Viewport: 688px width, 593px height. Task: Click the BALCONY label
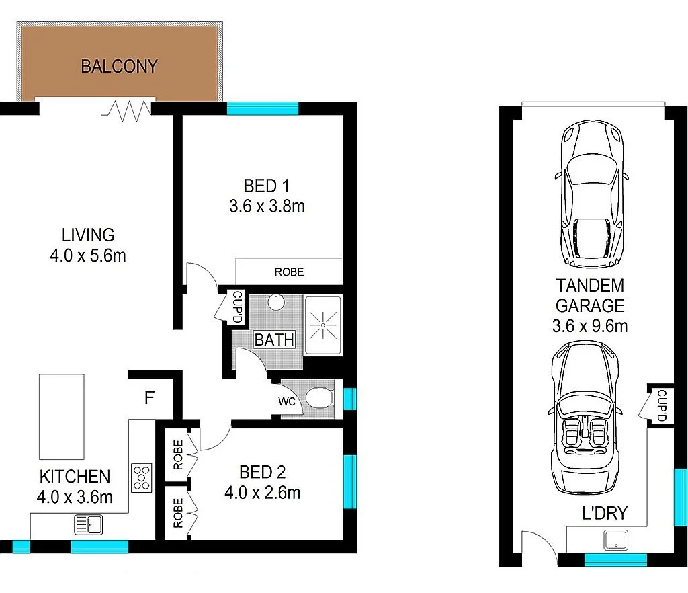119,67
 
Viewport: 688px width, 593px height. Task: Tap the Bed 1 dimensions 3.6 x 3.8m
267,206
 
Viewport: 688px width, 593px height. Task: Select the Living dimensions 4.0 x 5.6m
88,255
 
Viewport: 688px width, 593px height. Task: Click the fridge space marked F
148,398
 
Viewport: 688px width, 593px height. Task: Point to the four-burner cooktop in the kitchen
142,477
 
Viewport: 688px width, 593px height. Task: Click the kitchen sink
88,524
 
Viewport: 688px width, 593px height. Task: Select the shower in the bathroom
322,325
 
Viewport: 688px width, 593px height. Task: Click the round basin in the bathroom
276,303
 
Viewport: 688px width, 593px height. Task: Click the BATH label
274,340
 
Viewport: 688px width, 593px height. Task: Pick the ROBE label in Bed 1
289,272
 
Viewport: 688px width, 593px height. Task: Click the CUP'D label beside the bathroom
236,307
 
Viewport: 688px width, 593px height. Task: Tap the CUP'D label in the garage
660,405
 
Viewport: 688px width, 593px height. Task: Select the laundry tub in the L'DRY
615,539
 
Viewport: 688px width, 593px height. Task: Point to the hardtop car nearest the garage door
592,195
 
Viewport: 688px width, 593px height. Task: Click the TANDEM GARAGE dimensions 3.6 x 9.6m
591,327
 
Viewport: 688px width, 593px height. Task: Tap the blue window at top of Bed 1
262,108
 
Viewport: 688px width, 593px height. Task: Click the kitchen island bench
61,416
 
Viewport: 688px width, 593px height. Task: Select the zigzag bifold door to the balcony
127,111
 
